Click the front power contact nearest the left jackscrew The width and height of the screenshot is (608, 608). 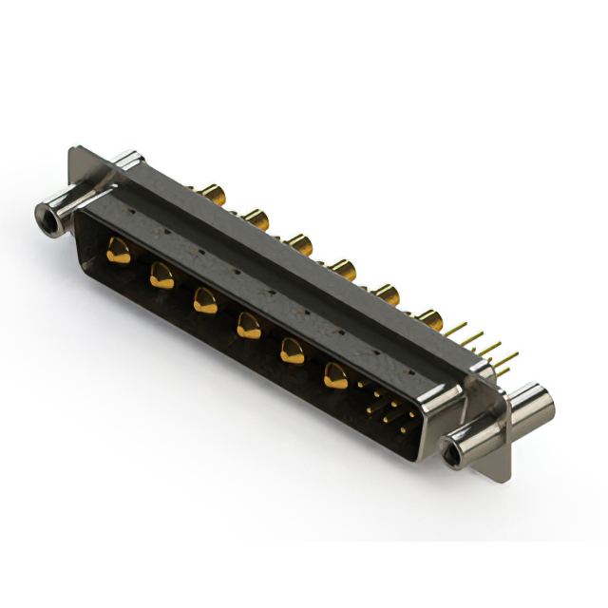118,252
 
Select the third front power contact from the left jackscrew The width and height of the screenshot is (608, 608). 203,301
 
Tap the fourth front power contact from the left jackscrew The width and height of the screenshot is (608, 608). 248,327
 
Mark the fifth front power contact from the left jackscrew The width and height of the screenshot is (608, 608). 291,352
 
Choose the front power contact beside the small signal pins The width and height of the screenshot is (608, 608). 335,377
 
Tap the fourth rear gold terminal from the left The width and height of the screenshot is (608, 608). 342,269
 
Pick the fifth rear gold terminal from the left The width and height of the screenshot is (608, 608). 386,293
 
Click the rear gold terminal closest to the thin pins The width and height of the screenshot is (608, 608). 428,319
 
